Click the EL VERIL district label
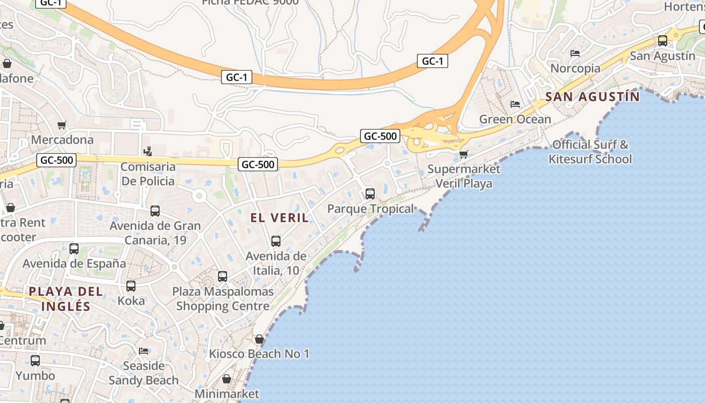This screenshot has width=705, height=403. (280, 218)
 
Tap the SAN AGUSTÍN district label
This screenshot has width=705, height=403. (593, 96)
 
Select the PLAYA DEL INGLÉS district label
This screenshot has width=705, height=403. (66, 299)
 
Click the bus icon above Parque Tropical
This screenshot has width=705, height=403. (370, 193)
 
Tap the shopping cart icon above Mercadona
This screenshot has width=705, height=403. (62, 125)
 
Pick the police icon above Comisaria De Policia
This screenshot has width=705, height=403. (148, 151)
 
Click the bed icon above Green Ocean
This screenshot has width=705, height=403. (515, 104)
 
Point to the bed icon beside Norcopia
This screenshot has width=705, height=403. (575, 53)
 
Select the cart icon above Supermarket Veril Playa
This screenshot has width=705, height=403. (463, 154)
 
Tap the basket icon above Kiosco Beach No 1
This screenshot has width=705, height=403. (259, 339)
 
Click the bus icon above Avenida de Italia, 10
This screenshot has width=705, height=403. (276, 241)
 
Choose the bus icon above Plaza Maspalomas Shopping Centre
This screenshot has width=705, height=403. (223, 276)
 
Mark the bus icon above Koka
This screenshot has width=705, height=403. (131, 286)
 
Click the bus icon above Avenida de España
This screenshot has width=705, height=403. (74, 248)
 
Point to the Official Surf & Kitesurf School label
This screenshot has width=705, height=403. (590, 152)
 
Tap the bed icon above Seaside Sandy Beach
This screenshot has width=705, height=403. (144, 351)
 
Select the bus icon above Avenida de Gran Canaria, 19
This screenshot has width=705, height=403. (155, 211)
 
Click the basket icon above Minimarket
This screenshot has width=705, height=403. (227, 379)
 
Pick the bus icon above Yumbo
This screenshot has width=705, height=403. (35, 361)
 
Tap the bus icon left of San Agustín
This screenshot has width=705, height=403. (663, 41)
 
